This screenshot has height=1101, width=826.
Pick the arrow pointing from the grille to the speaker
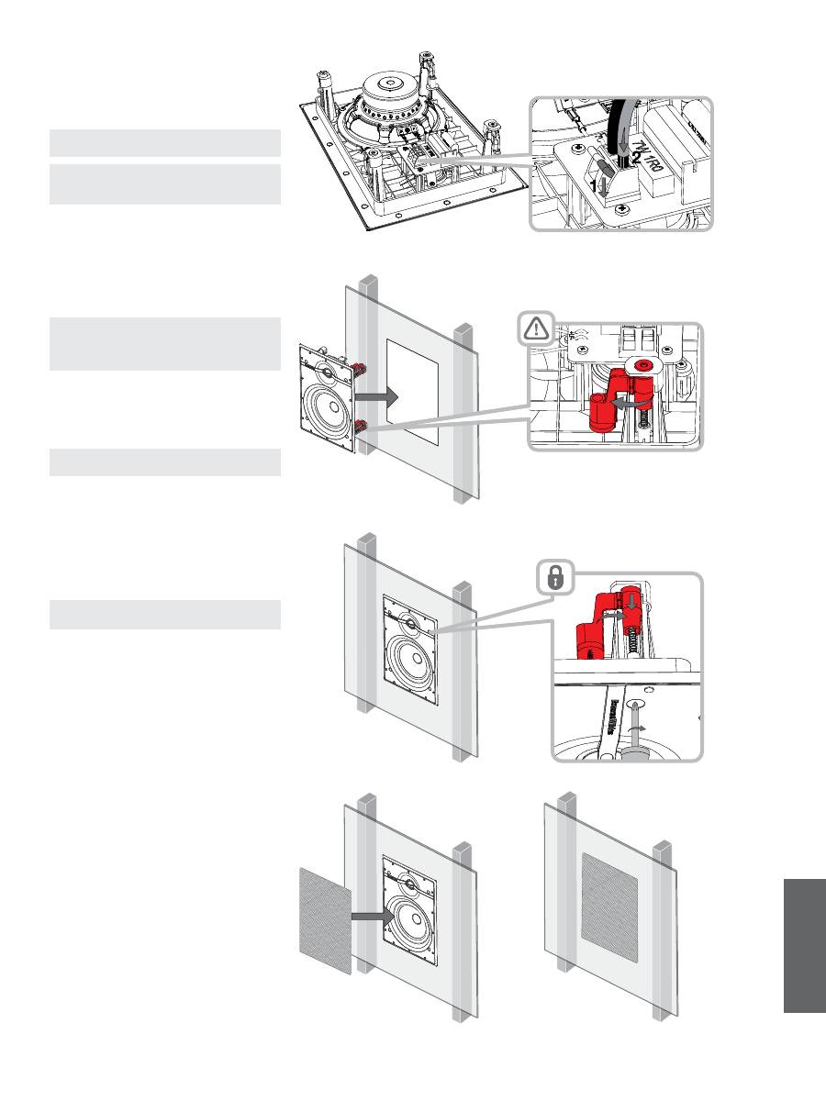pos(374,916)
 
